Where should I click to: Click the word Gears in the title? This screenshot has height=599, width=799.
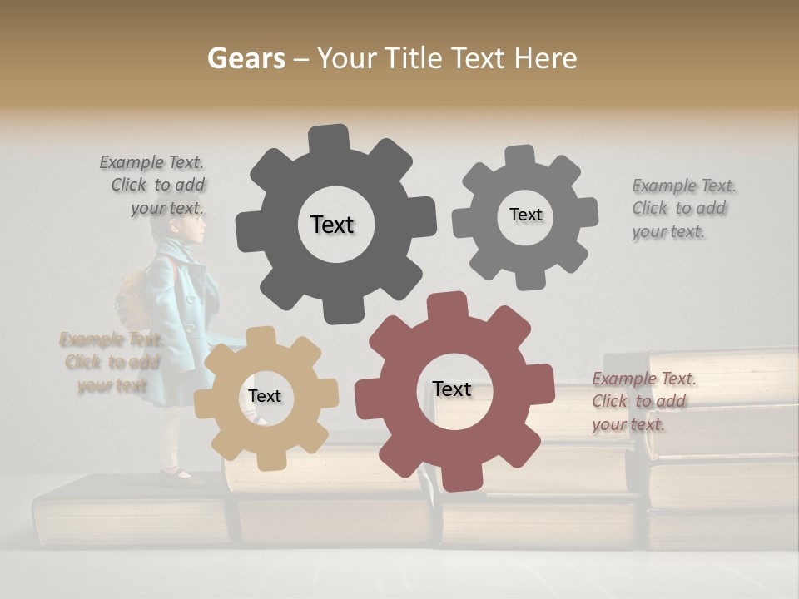coord(245,58)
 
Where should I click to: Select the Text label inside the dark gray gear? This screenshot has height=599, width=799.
coord(332,225)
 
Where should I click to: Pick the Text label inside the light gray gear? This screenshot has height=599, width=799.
coord(525,215)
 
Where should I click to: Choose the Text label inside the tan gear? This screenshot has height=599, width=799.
coord(265,397)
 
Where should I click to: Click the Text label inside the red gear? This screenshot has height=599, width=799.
coord(452,389)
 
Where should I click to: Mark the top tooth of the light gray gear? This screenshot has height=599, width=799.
coord(521,156)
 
